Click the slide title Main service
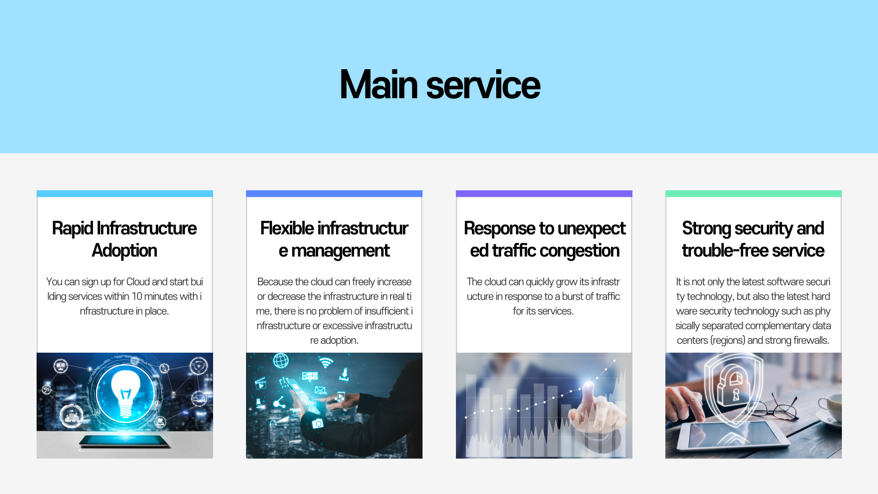tap(440, 85)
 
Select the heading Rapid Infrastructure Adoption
tap(124, 239)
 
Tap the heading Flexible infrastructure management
tap(334, 239)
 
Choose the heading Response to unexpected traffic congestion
tap(544, 239)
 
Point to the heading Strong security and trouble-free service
tap(753, 239)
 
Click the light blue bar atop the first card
tap(125, 193)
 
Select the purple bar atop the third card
tap(544, 193)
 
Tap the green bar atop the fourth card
tap(754, 193)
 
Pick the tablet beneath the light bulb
tap(125, 441)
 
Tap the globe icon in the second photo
tap(281, 361)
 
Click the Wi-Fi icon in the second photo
tap(326, 363)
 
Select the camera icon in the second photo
tap(317, 424)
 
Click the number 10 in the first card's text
tap(137, 296)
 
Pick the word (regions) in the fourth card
tap(728, 340)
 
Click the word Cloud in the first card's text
tap(138, 282)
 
